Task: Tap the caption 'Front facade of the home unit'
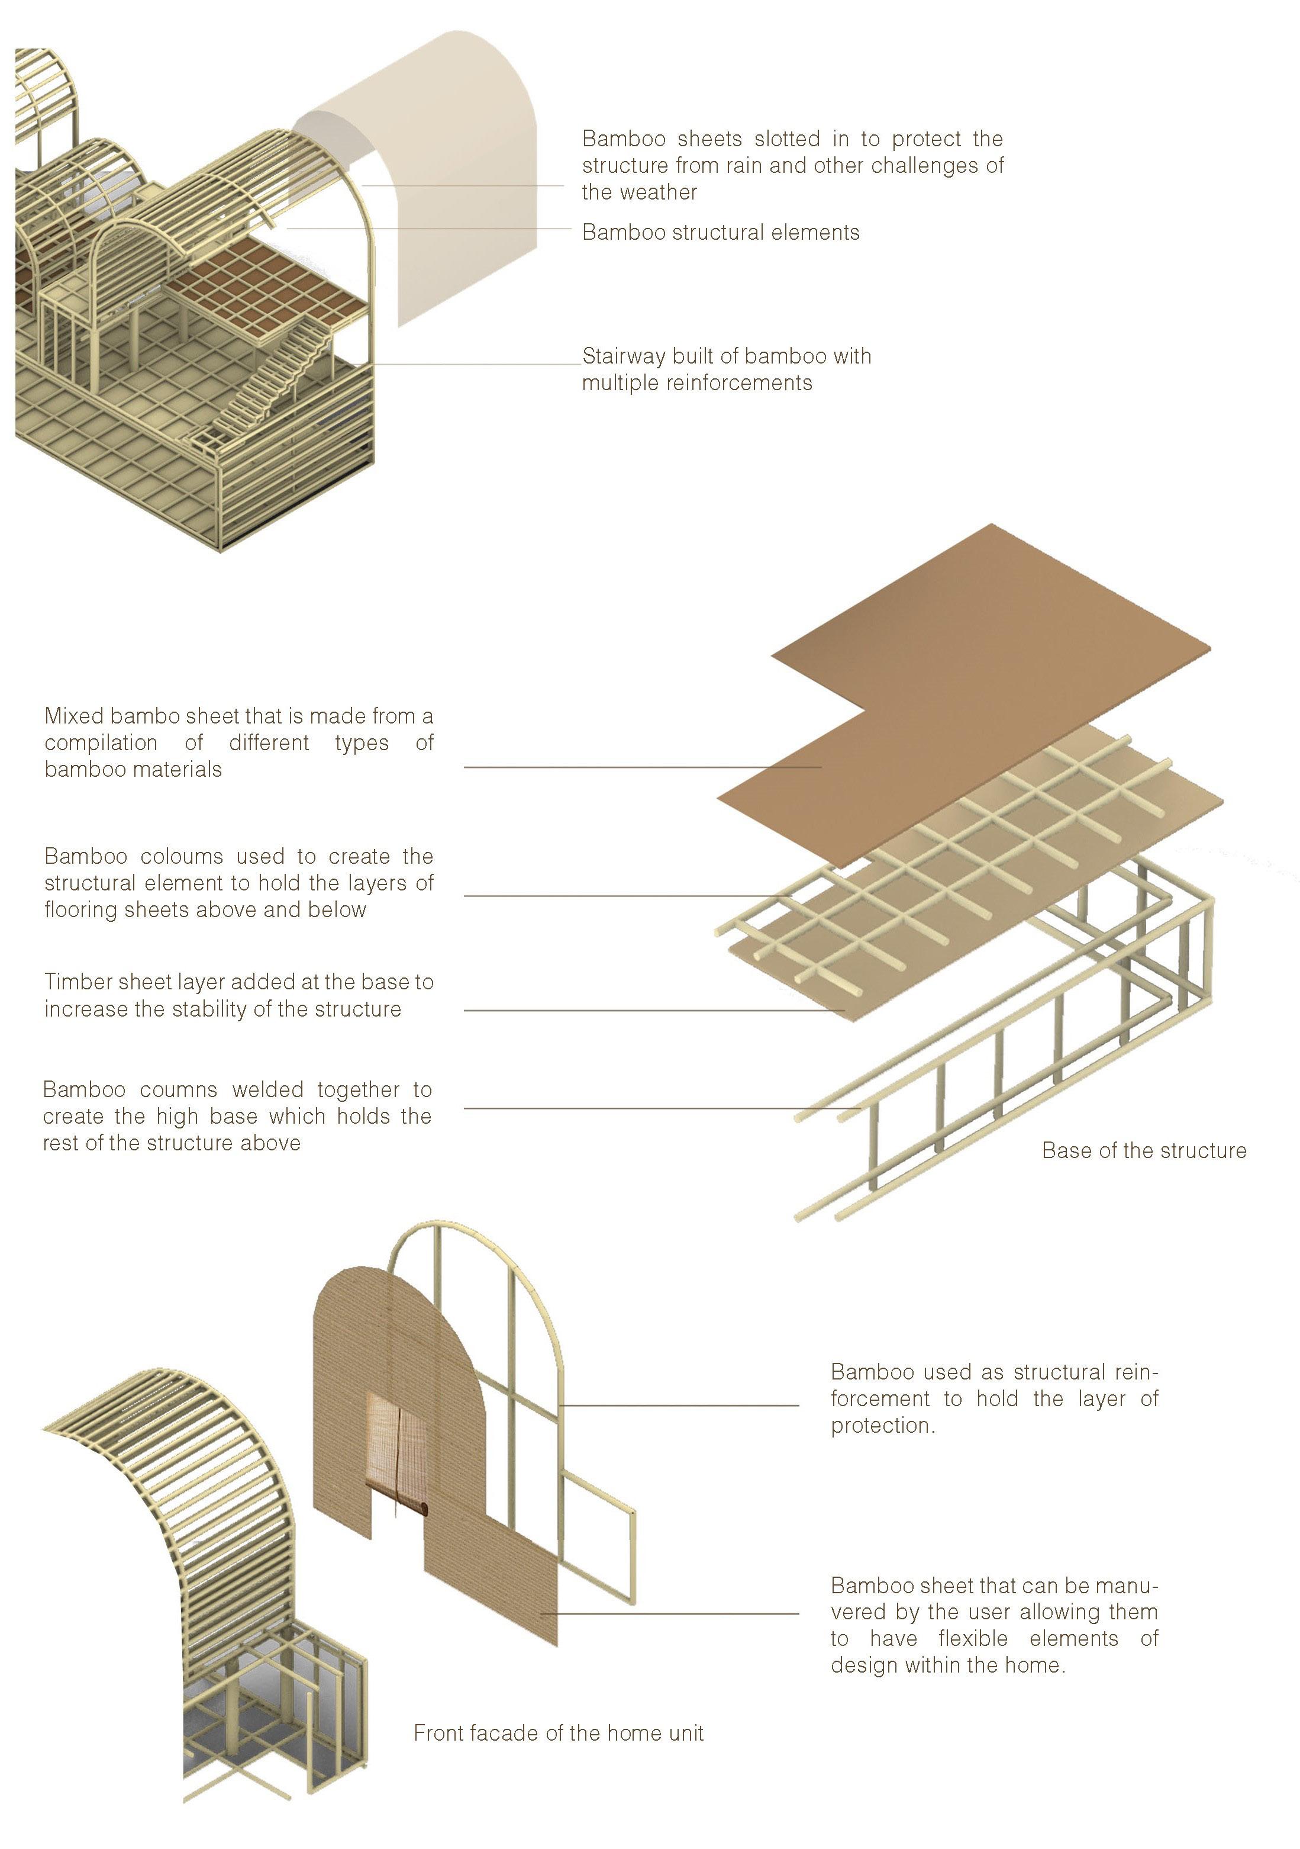558,1733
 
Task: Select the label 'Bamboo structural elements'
721,233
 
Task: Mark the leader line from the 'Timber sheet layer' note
652,1010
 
